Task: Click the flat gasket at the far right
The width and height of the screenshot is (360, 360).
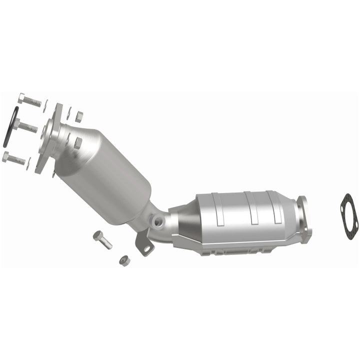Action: pos(348,215)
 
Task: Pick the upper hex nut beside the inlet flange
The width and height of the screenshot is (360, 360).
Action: pos(79,117)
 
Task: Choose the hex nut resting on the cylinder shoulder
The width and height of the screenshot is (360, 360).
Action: pos(77,142)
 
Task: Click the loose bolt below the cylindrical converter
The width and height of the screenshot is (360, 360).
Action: pos(102,239)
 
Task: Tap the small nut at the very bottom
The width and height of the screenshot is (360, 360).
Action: pos(124,260)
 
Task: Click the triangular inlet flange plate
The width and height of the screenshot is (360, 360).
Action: pos(50,137)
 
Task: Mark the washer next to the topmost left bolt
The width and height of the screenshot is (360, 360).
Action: pos(45,105)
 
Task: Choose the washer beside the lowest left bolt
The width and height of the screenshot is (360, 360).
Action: pos(29,163)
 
